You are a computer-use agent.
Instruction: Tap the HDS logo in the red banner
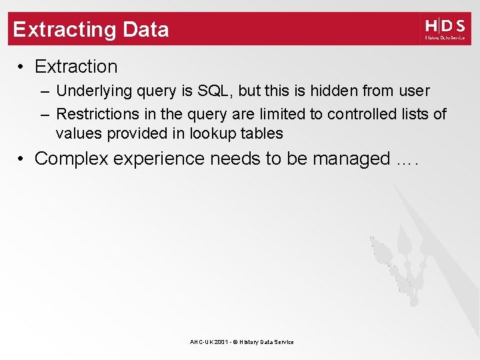[x=445, y=29]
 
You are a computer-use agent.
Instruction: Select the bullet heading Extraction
[x=76, y=67]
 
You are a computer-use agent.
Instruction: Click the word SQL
[x=214, y=91]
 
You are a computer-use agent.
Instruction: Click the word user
[x=413, y=91]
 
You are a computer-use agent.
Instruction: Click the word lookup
[x=213, y=133]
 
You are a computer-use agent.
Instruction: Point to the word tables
[x=262, y=133]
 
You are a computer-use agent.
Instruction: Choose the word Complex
[x=71, y=159]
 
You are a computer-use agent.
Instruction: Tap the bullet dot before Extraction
[x=22, y=67]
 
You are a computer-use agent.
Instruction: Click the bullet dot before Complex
[x=22, y=159]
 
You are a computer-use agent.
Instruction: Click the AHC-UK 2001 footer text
[x=241, y=342]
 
